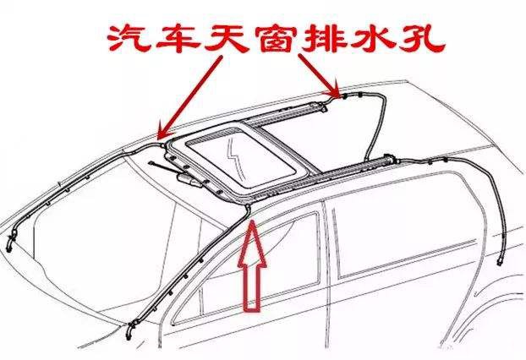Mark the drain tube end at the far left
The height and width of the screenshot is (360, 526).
coord(8,246)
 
